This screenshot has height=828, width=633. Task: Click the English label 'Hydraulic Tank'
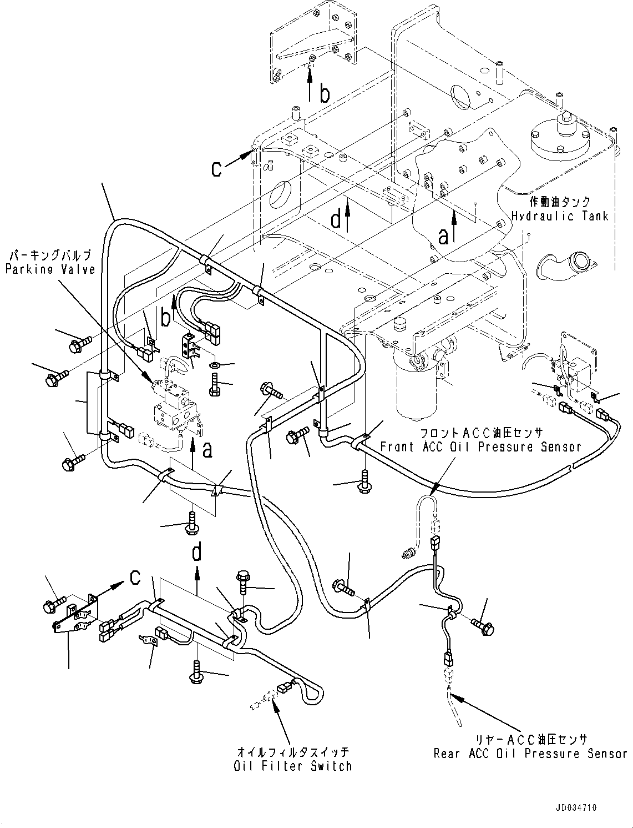click(559, 216)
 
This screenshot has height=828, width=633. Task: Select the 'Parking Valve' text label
click(50, 269)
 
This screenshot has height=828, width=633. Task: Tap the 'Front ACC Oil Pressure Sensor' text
click(480, 446)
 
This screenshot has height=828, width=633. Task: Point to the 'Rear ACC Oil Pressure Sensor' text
click(530, 754)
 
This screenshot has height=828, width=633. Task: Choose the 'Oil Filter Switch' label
click(293, 766)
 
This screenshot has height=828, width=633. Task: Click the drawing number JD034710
click(576, 808)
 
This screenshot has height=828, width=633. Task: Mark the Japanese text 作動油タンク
click(559, 202)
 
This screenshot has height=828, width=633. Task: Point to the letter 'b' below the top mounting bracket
click(325, 94)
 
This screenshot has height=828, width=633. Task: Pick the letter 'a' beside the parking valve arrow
click(207, 449)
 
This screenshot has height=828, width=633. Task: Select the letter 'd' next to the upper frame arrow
click(336, 219)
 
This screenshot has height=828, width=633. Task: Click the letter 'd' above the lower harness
click(197, 552)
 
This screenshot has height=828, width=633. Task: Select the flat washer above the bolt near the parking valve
click(215, 365)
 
